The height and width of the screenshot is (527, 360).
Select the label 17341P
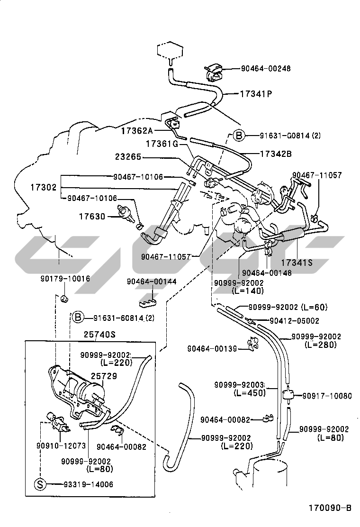tap(256, 94)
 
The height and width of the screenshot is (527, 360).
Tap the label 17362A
tap(137, 130)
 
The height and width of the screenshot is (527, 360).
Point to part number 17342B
tap(275, 154)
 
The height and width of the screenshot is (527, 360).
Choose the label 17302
tap(43, 187)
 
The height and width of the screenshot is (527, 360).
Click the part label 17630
tap(92, 217)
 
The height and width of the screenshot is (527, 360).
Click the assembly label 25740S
tap(100, 335)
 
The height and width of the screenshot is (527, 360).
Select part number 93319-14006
tap(89, 484)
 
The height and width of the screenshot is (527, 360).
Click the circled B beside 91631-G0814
tap(239, 136)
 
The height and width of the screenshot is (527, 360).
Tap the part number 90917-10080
tap(327, 395)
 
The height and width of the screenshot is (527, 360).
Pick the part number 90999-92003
tap(239, 384)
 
